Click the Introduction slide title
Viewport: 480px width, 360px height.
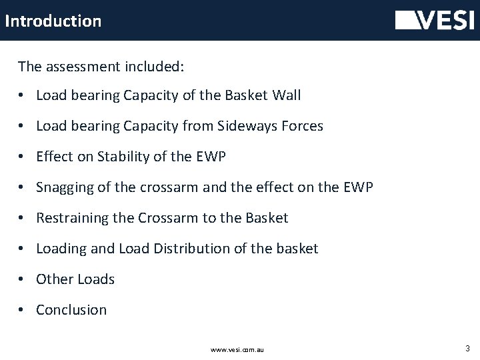[x=53, y=21]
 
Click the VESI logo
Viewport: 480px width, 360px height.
[x=435, y=20]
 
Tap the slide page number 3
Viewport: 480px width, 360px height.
[x=467, y=348]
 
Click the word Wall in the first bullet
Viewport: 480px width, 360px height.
[x=287, y=95]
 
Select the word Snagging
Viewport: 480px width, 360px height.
[x=65, y=187]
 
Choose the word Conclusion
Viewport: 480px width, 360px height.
[x=71, y=310]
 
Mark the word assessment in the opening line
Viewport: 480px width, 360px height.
[x=80, y=67]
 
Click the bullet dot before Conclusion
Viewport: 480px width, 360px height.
[x=23, y=310]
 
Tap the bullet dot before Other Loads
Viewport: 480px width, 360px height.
[x=23, y=279]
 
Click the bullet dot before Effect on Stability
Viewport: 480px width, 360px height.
[x=23, y=157]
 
